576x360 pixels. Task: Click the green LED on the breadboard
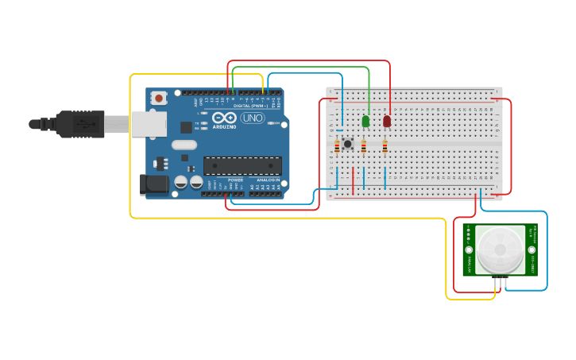365,122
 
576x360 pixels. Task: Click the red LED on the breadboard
387,122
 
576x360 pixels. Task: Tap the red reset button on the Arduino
159,98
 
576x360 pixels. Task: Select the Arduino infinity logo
223,118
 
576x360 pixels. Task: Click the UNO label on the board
253,118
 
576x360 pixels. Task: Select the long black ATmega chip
242,165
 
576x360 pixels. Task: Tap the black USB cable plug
80,123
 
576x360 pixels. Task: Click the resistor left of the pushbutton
337,146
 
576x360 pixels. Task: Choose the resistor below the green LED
364,146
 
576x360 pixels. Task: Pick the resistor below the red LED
385,146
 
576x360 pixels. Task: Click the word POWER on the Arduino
236,180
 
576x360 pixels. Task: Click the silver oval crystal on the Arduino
184,145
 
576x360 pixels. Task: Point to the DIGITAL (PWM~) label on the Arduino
251,105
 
